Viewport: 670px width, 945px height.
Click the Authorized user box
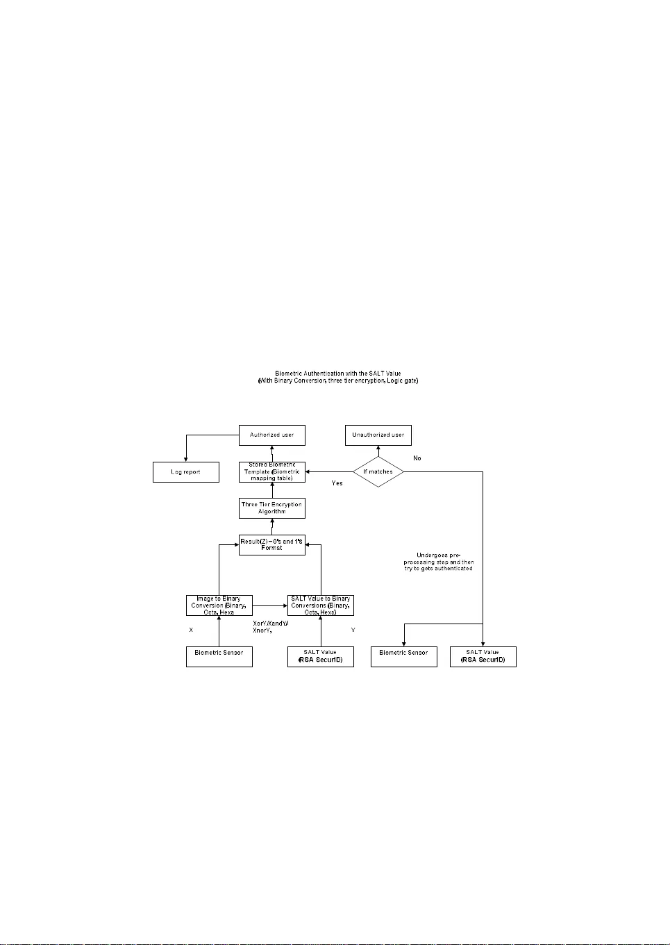point(271,435)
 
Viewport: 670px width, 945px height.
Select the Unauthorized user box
point(378,435)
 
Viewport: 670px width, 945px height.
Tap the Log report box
point(185,472)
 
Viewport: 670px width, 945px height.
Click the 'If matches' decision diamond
point(378,471)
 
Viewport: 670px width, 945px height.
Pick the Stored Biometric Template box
point(271,471)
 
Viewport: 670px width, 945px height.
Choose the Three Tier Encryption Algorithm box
point(271,508)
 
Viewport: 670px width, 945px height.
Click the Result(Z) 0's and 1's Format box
point(271,544)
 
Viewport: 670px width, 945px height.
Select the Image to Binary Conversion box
point(219,605)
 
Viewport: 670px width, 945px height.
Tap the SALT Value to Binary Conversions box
point(320,605)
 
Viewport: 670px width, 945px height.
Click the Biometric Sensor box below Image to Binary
point(219,656)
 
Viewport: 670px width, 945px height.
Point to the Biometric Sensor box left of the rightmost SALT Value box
point(403,656)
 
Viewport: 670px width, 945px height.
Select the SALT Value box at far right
point(483,656)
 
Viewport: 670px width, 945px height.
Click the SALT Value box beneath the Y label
point(320,656)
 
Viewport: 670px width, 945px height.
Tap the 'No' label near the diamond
point(417,458)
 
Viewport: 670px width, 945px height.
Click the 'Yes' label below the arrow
point(337,483)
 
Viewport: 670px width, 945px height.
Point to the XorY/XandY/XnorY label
point(269,627)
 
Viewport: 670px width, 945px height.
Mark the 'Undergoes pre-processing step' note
point(438,562)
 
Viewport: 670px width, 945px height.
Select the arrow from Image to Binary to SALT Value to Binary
point(269,605)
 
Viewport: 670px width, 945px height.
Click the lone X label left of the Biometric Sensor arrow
point(191,630)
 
